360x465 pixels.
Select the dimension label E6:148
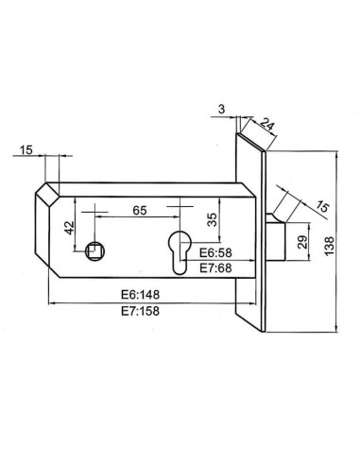click(143, 294)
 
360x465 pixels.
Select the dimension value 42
click(68, 227)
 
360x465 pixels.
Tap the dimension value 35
click(213, 219)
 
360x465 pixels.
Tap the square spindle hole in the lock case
click(93, 250)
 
